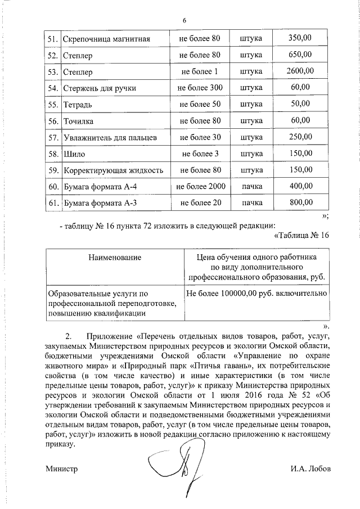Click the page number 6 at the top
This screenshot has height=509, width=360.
tap(184, 21)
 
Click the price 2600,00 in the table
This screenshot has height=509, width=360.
tap(299, 71)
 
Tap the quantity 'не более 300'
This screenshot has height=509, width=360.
tap(200, 88)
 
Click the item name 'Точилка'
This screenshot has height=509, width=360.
tap(78, 121)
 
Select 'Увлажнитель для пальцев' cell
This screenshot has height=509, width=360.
tap(110, 137)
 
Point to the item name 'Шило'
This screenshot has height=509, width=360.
tap(74, 154)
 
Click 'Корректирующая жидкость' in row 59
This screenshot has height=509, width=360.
tap(113, 170)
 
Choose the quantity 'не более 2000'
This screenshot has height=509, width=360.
tap(200, 186)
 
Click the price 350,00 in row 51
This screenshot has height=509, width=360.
tap(299, 39)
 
